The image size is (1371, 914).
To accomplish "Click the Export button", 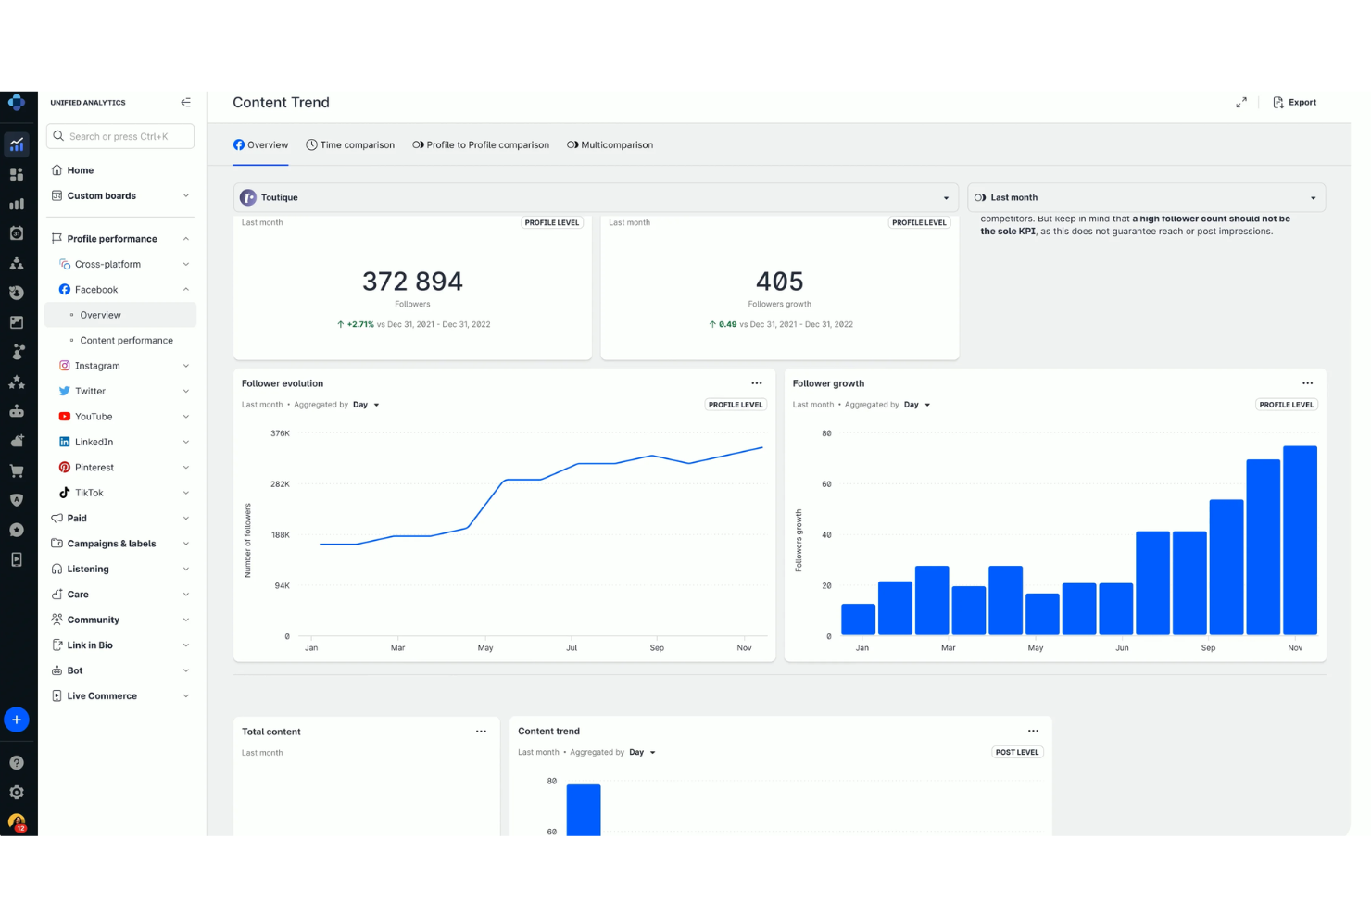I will pos(1294,103).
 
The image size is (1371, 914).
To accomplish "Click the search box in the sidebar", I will pos(120,136).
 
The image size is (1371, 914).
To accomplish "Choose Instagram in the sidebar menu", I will pos(97,366).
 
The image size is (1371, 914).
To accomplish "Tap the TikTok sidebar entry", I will pos(89,493).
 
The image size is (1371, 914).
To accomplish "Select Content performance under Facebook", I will pos(126,341).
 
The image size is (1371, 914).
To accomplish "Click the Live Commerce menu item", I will pos(102,696).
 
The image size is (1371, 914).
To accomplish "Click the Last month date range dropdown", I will pos(1146,197).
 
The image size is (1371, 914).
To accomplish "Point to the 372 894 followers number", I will pos(412,282).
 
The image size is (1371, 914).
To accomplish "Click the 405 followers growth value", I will pos(779,282).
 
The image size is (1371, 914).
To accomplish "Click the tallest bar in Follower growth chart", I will pos(1300,540).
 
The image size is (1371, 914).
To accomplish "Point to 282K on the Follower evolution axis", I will pos(280,484).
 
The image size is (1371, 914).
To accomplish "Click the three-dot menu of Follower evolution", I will pos(757,383).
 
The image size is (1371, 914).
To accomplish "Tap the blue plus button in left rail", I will pos(17,720).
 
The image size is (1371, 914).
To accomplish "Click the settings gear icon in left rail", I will pos(17,793).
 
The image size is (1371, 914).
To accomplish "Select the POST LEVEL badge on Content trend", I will pos(1016,753).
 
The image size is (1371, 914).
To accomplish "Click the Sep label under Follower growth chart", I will pos(1208,648).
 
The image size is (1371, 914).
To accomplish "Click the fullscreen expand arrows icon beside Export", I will pos(1241,103).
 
